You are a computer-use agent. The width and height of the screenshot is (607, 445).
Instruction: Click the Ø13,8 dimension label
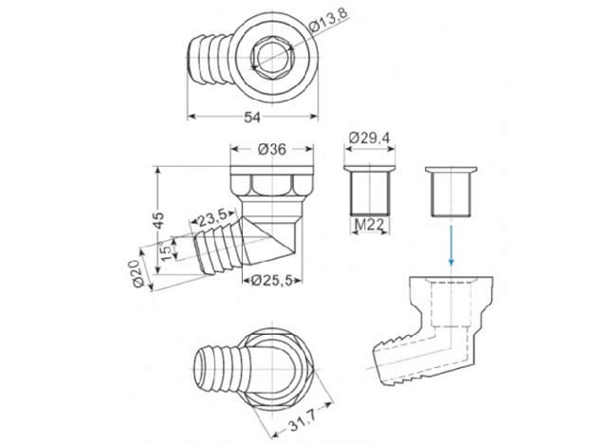click(329, 20)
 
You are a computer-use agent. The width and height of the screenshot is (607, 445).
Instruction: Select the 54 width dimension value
click(252, 117)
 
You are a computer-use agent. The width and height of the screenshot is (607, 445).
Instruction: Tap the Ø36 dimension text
click(272, 149)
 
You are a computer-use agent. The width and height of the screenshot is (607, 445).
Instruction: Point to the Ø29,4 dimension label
click(370, 138)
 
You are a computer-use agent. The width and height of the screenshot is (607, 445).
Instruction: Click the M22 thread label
click(370, 224)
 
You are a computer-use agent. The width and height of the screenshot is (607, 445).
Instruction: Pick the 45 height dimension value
click(158, 220)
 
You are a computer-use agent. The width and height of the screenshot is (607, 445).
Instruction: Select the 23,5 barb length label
click(212, 219)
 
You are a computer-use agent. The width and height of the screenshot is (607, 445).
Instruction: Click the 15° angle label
click(166, 251)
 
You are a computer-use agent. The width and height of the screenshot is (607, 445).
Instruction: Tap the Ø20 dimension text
click(137, 273)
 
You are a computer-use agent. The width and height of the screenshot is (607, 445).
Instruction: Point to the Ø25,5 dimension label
click(271, 281)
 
